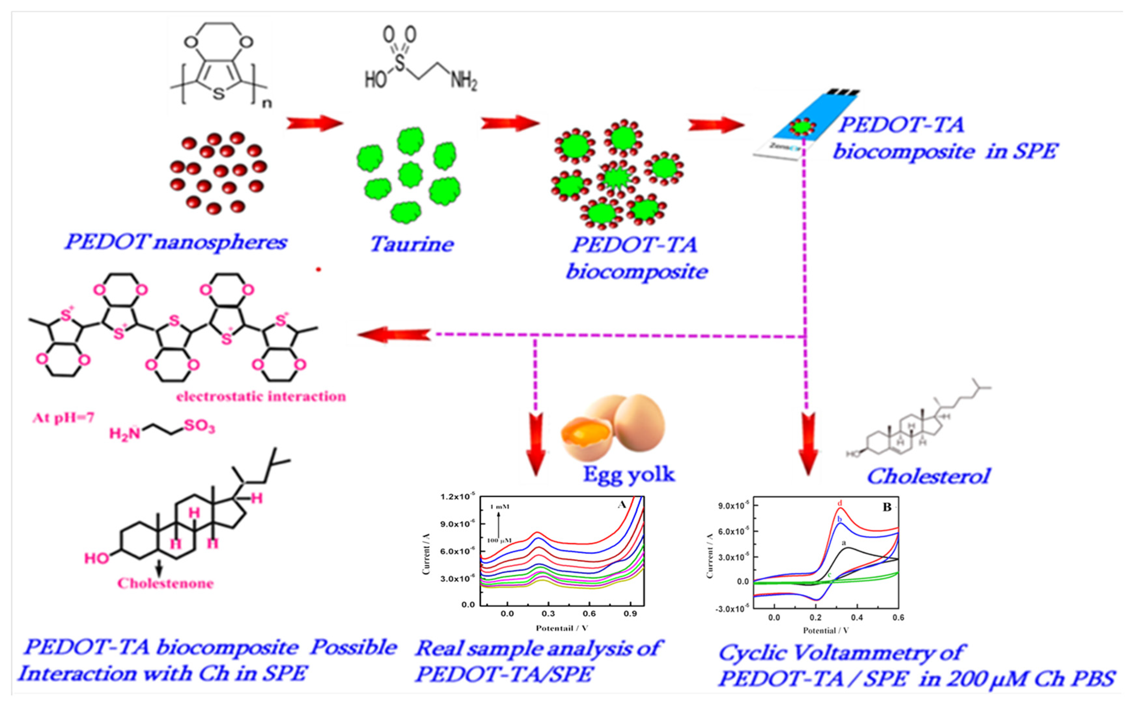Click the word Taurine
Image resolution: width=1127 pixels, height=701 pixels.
coord(411,244)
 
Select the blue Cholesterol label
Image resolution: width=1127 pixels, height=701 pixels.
coord(928,476)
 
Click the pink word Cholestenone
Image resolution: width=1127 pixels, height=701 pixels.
coord(165,583)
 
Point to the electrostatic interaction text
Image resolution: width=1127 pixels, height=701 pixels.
coord(261,396)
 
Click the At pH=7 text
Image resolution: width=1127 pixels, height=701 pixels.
coord(63,418)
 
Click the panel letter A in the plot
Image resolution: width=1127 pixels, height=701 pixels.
coord(622,504)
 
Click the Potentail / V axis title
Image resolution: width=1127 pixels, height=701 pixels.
coord(562,628)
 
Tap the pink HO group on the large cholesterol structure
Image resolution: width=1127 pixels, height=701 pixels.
coord(96,558)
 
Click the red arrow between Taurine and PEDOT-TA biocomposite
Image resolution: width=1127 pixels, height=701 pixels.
coord(510,123)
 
